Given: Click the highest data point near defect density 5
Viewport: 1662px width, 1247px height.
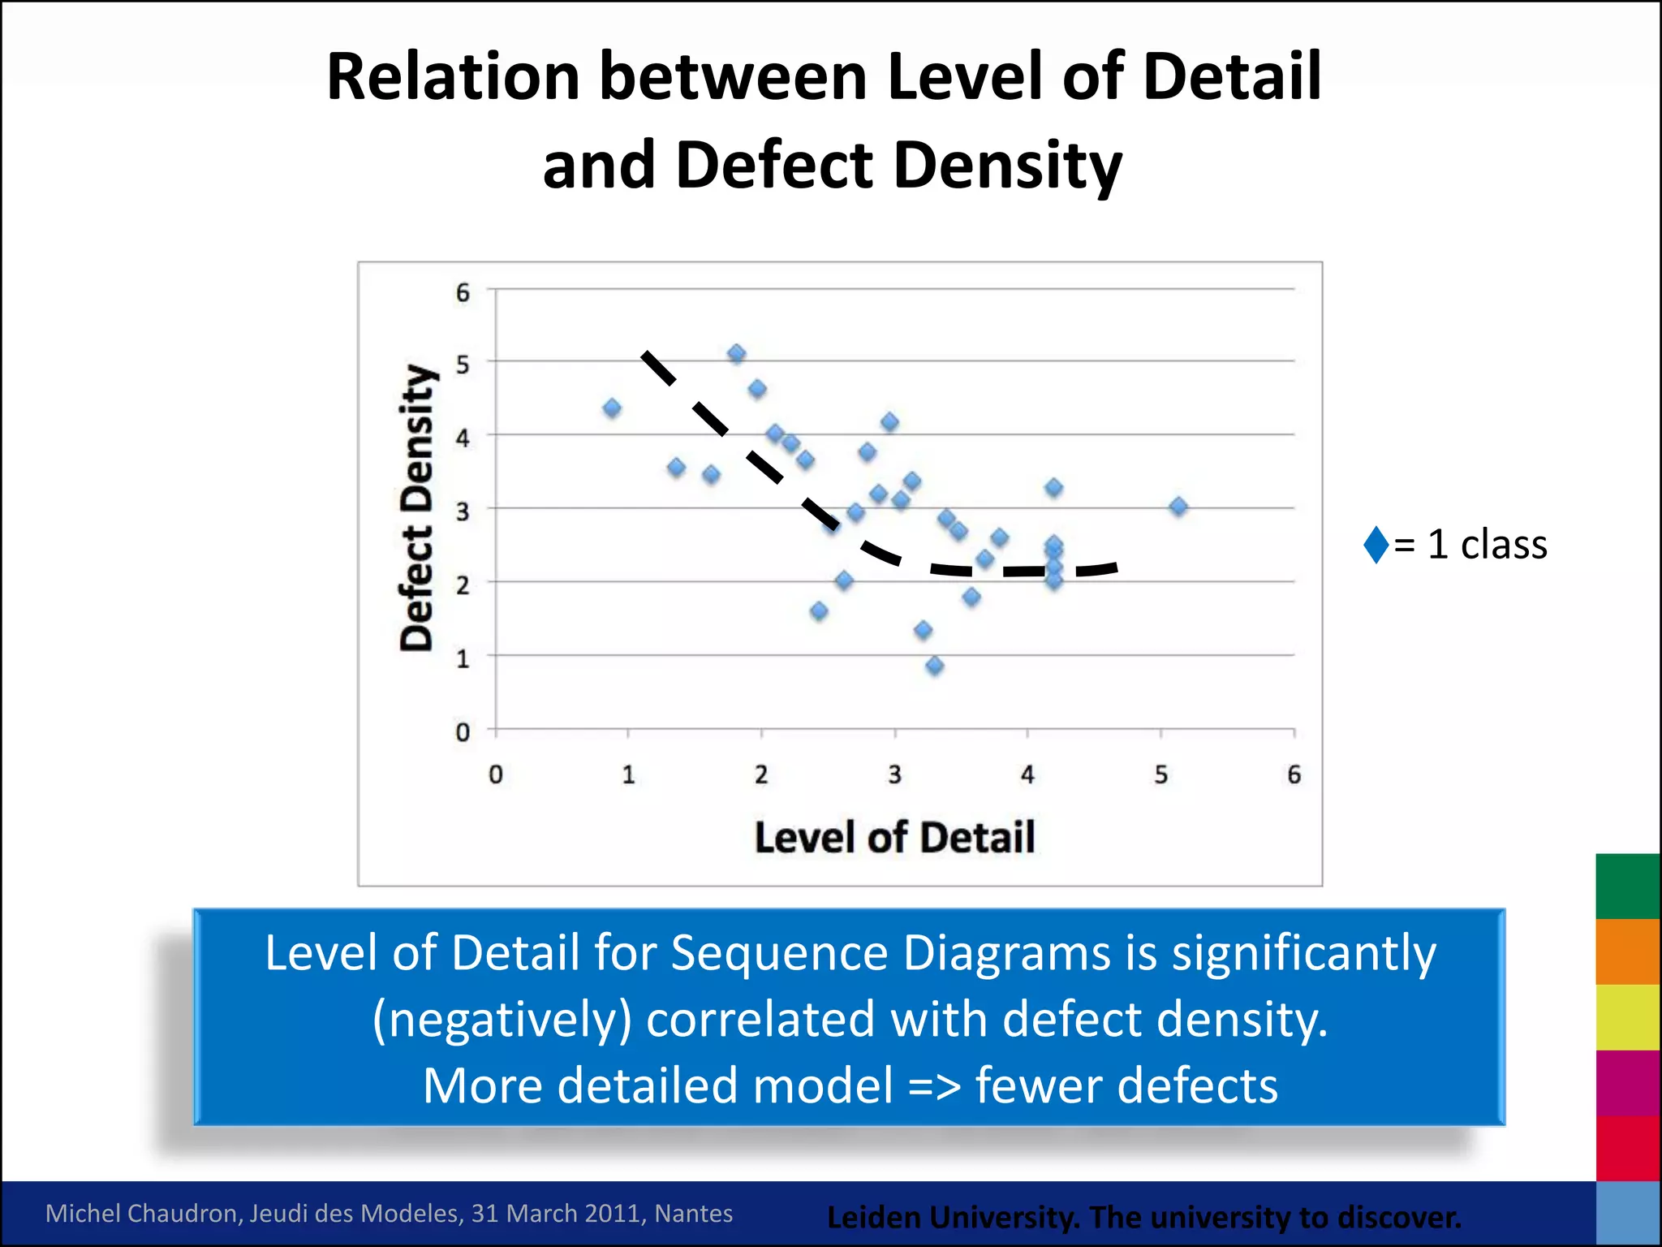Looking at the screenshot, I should point(736,353).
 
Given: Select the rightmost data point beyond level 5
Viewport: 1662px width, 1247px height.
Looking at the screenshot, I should point(1178,507).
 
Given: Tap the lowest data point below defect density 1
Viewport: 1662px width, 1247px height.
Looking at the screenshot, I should point(934,666).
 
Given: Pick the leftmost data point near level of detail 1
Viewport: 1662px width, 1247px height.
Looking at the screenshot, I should point(612,408).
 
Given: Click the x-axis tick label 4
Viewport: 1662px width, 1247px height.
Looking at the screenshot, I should point(1027,775).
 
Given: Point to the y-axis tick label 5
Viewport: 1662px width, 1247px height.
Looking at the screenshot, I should point(463,364).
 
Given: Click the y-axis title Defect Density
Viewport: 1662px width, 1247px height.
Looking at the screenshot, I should point(418,507).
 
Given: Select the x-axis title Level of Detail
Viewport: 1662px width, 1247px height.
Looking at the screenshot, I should point(894,837).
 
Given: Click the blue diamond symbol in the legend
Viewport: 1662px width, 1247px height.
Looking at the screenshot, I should point(1376,544).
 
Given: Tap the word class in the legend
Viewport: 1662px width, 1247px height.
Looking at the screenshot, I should point(1503,544).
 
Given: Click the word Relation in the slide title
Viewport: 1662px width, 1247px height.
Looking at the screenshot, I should point(453,77).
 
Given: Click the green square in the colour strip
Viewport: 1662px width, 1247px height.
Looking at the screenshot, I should point(1627,886).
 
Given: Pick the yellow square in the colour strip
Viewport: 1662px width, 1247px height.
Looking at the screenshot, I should point(1627,1017).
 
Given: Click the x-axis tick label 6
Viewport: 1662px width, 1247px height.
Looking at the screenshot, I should point(1294,775).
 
